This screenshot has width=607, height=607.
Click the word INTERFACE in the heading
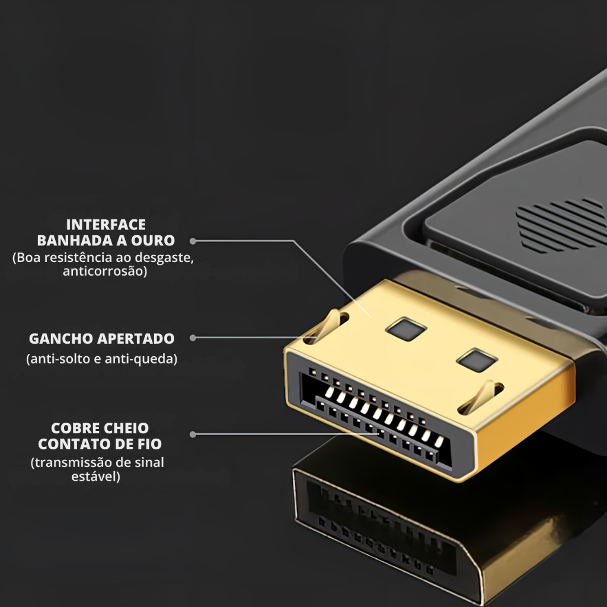pyautogui.click(x=106, y=225)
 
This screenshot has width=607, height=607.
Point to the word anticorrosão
pyautogui.click(x=105, y=271)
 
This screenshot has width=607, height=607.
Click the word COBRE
pyautogui.click(x=72, y=428)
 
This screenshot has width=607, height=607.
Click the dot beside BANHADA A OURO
pyautogui.click(x=193, y=241)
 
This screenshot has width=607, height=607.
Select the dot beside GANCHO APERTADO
pyautogui.click(x=193, y=338)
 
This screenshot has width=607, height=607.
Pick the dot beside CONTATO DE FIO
pyautogui.click(x=193, y=435)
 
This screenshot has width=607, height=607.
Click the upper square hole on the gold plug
pyautogui.click(x=406, y=329)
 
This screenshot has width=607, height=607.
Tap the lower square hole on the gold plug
pyautogui.click(x=477, y=360)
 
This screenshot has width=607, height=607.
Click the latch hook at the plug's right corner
pyautogui.click(x=480, y=398)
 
